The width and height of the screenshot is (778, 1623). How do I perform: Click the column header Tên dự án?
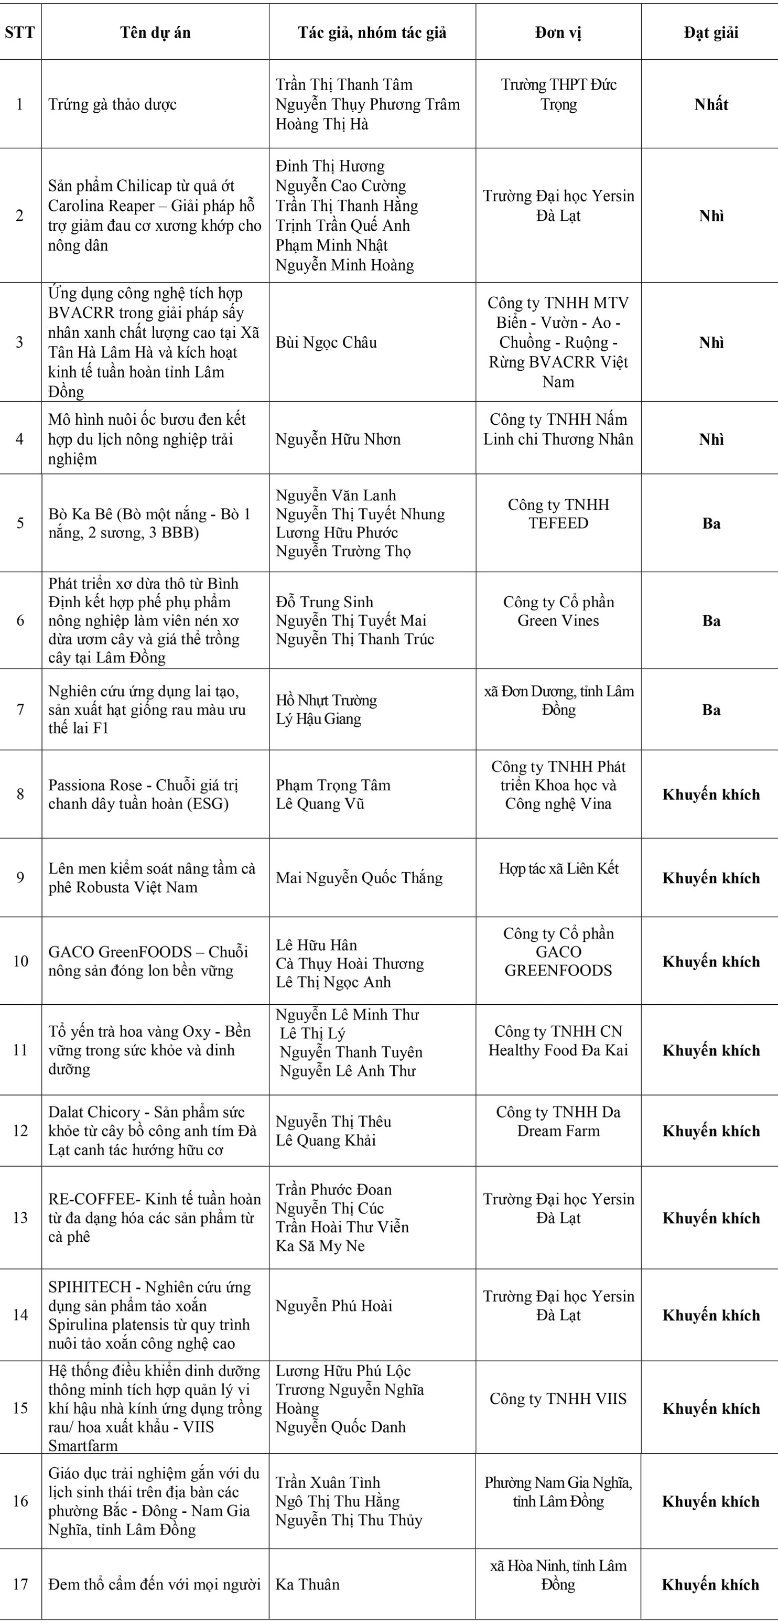(155, 33)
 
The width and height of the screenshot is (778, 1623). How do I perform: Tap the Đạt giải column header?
(710, 33)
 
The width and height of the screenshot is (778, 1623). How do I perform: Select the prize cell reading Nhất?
(710, 104)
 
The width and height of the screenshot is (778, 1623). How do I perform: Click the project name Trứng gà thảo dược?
(112, 104)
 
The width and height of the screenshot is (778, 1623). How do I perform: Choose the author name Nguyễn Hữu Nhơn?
(338, 439)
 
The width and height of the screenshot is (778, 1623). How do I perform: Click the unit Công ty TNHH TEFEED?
(558, 514)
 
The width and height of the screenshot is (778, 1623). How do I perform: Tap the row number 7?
(20, 710)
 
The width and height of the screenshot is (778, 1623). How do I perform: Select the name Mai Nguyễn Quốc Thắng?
(359, 878)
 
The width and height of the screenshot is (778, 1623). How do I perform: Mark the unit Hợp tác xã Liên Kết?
(558, 868)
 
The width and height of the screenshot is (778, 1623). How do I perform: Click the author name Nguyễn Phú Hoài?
(334, 1305)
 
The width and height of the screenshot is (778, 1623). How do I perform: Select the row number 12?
(20, 1130)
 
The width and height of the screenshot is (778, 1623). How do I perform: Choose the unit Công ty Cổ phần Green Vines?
(558, 611)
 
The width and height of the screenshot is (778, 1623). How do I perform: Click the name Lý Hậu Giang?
(318, 719)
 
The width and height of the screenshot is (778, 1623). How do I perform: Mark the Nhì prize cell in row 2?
(710, 216)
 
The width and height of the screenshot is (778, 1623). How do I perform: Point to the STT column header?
(20, 33)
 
